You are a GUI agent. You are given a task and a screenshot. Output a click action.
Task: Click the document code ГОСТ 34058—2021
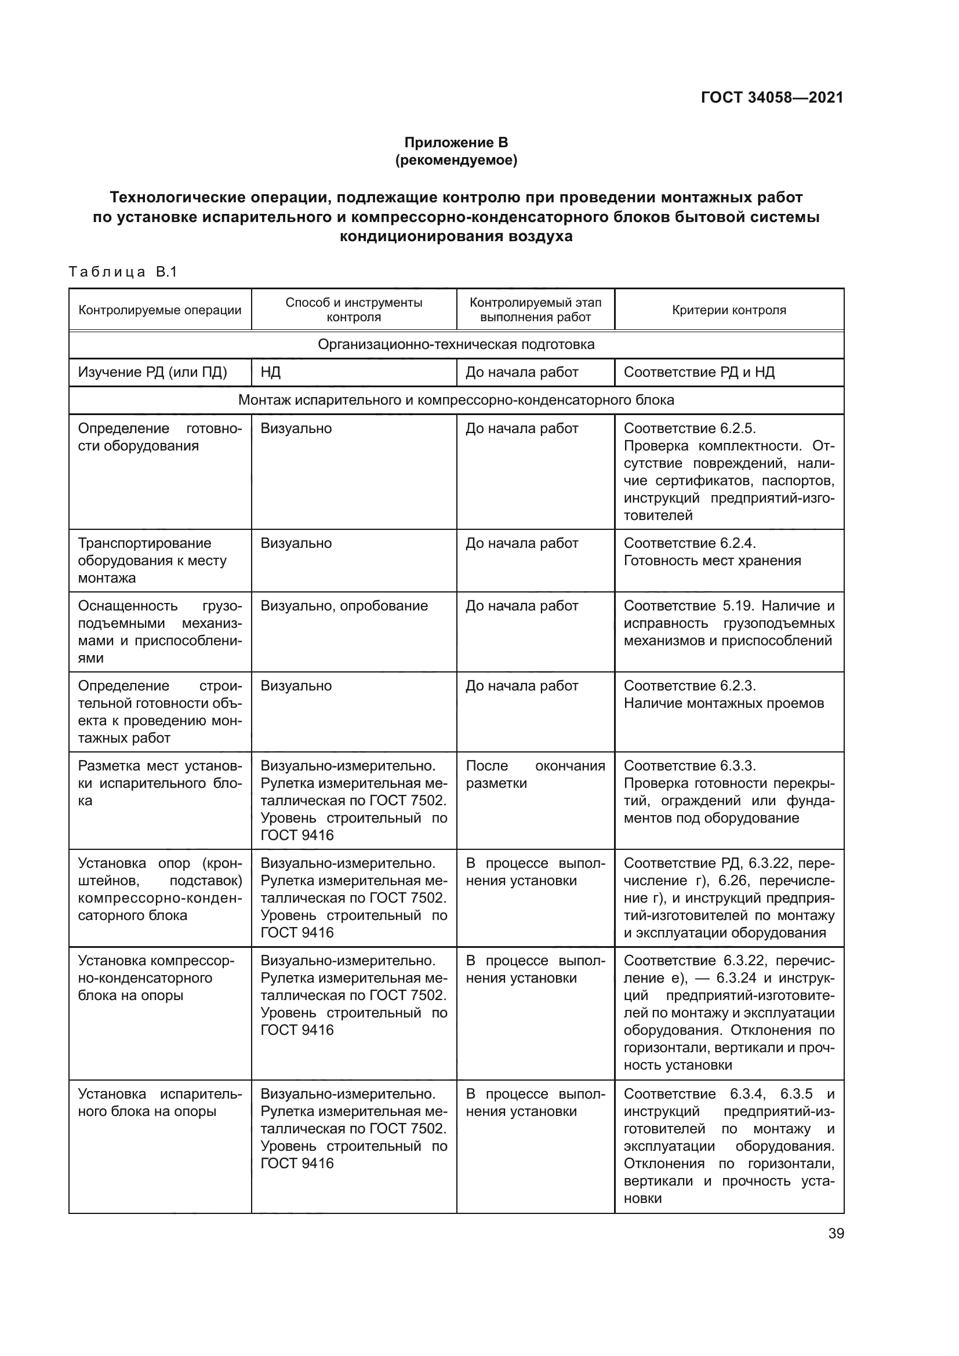click(772, 97)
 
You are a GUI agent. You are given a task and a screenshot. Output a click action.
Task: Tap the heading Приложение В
click(456, 143)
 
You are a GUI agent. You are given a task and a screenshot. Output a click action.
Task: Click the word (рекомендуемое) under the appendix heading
click(456, 160)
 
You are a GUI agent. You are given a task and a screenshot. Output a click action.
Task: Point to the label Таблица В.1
click(123, 272)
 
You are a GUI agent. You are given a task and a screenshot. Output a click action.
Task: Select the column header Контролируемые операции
click(160, 310)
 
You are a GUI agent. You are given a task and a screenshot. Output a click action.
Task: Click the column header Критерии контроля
click(729, 310)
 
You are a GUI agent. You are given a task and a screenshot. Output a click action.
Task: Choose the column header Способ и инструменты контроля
click(354, 310)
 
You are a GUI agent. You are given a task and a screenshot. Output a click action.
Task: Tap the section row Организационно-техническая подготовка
click(456, 344)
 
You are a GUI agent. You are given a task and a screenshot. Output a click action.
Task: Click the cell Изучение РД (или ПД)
click(152, 372)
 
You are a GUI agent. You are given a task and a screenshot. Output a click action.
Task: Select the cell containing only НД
click(270, 372)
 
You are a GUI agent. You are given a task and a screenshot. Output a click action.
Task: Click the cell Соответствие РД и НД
click(699, 372)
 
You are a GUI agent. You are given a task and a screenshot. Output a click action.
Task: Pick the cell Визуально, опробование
click(344, 605)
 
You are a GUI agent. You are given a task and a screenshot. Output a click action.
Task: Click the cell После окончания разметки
click(535, 775)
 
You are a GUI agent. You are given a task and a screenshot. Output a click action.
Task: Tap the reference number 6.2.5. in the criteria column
click(738, 428)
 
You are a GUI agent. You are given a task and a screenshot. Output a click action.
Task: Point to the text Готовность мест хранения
click(711, 561)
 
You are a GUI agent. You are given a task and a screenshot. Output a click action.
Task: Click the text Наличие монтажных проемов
click(724, 703)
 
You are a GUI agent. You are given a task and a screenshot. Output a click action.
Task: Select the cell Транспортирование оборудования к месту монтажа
click(152, 561)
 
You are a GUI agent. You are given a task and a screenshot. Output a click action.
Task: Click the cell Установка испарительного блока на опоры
click(159, 1103)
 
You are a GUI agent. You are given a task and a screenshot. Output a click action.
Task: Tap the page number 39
click(836, 1233)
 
